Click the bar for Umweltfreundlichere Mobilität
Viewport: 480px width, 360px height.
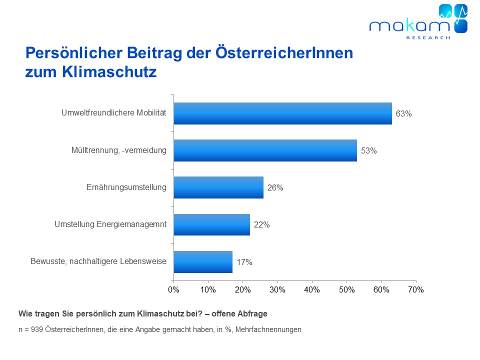tap(282, 113)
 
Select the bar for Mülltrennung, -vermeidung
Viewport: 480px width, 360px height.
tap(265, 150)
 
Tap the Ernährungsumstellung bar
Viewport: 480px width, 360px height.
tap(218, 187)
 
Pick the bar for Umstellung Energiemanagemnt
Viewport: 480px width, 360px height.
tap(211, 224)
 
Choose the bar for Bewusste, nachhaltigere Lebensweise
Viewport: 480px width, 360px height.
tap(203, 262)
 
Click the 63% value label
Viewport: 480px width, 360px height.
tap(403, 113)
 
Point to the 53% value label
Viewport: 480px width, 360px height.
tap(368, 150)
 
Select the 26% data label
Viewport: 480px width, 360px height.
tap(275, 188)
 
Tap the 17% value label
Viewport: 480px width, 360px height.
tap(244, 262)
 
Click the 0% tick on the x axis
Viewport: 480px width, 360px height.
tap(173, 289)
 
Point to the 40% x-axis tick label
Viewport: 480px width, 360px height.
tap(312, 289)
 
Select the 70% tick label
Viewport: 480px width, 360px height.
tap(416, 289)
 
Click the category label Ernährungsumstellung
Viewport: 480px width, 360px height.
tap(126, 187)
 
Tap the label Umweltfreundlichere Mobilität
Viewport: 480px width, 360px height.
tap(113, 113)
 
